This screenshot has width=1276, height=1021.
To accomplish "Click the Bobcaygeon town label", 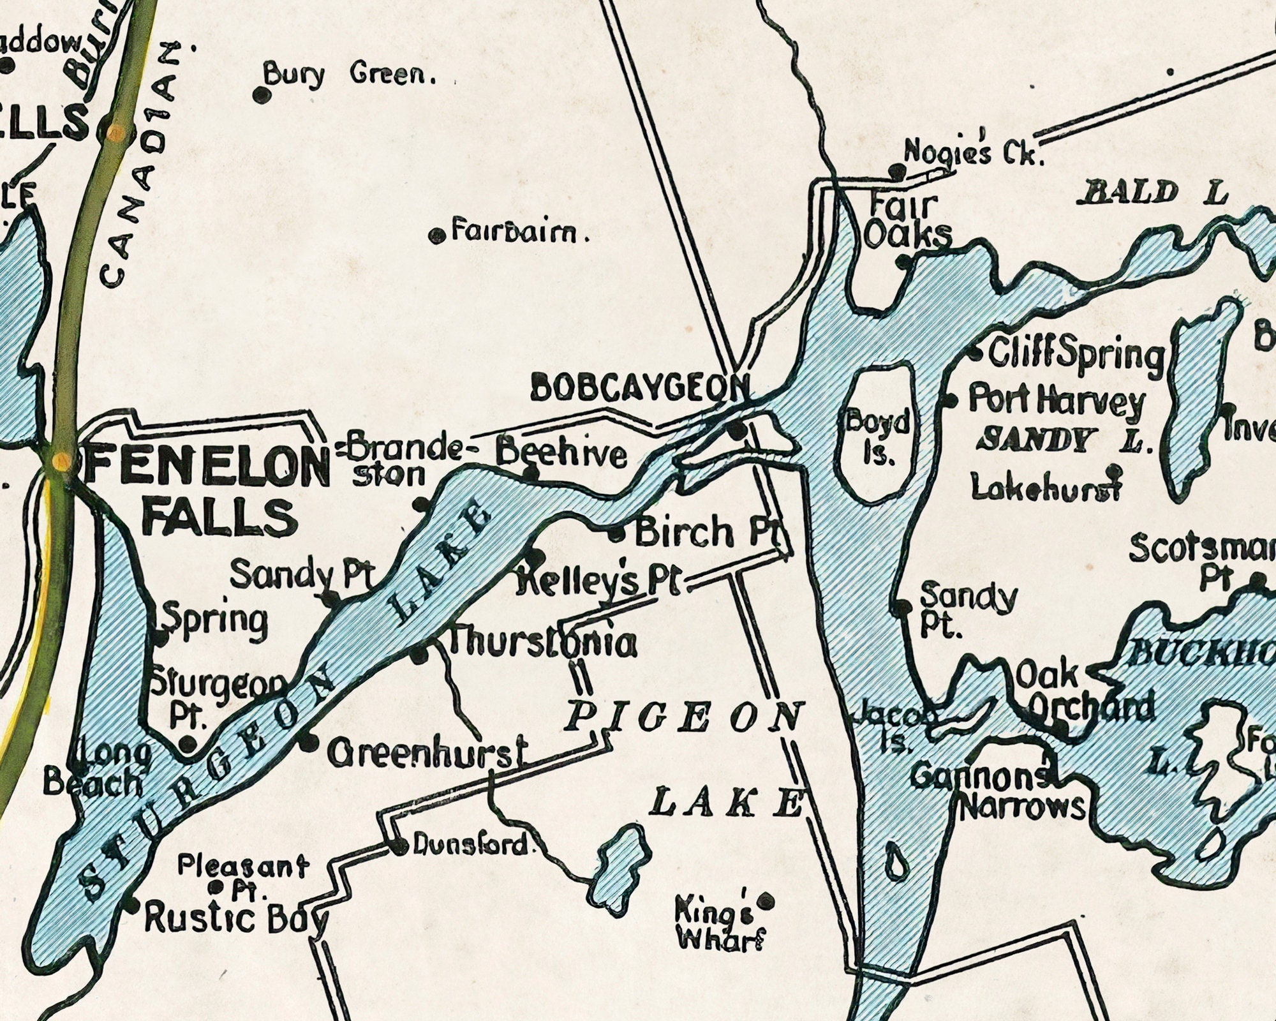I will point(640,388).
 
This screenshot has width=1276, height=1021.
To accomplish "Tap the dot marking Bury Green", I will point(260,95).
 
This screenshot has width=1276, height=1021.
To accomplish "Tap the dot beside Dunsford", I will point(400,847).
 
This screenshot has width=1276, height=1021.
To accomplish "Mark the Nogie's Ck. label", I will point(973,153).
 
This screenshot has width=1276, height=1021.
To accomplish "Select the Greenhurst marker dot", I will point(309,742).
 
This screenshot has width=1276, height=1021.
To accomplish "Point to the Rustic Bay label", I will point(236,919).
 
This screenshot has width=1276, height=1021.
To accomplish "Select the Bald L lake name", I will point(1152,193).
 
